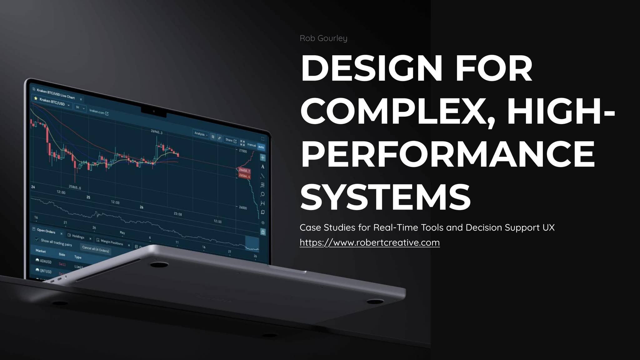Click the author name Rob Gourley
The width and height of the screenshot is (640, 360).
pos(323,38)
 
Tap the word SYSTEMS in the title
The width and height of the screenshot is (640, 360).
pos(385,197)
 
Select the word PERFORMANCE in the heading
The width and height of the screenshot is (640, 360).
pos(447,154)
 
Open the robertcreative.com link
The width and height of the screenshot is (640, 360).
pos(369,242)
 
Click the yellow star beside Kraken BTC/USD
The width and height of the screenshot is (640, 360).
pos(36,98)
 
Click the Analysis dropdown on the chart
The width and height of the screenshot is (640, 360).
pos(201,134)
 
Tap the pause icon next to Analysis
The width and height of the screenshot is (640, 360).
pos(213,137)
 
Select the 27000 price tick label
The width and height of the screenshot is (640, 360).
pos(243,151)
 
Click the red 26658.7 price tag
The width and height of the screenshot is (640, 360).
pos(244,171)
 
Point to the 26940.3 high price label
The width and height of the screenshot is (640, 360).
pos(157,132)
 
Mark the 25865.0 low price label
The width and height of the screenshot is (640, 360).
pos(75,187)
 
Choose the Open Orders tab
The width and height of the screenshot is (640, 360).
pos(46,231)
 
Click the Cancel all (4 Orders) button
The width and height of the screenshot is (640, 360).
pos(95,249)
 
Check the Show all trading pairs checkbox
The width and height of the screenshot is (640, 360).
pos(37,240)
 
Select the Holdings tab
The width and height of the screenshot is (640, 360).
pos(78,237)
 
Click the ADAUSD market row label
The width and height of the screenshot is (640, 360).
pos(45,261)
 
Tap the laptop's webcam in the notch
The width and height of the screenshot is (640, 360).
pos(154,111)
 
